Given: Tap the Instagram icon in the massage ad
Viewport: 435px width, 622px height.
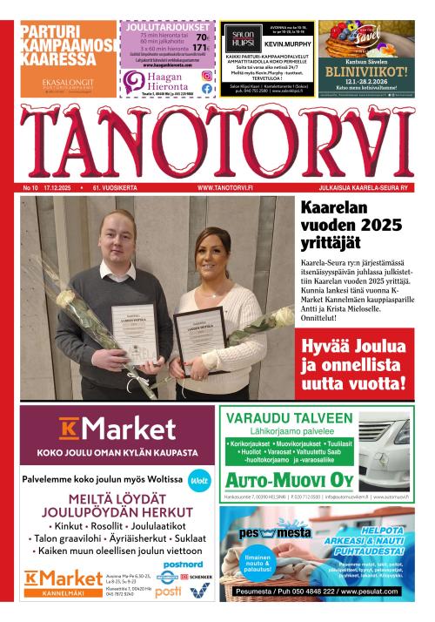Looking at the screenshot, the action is (207, 76).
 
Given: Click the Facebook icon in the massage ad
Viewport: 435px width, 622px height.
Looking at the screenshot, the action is (207, 88).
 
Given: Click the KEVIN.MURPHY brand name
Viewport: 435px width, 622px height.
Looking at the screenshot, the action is (286, 42).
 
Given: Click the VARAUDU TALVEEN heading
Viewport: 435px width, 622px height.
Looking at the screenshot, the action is (290, 417).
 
